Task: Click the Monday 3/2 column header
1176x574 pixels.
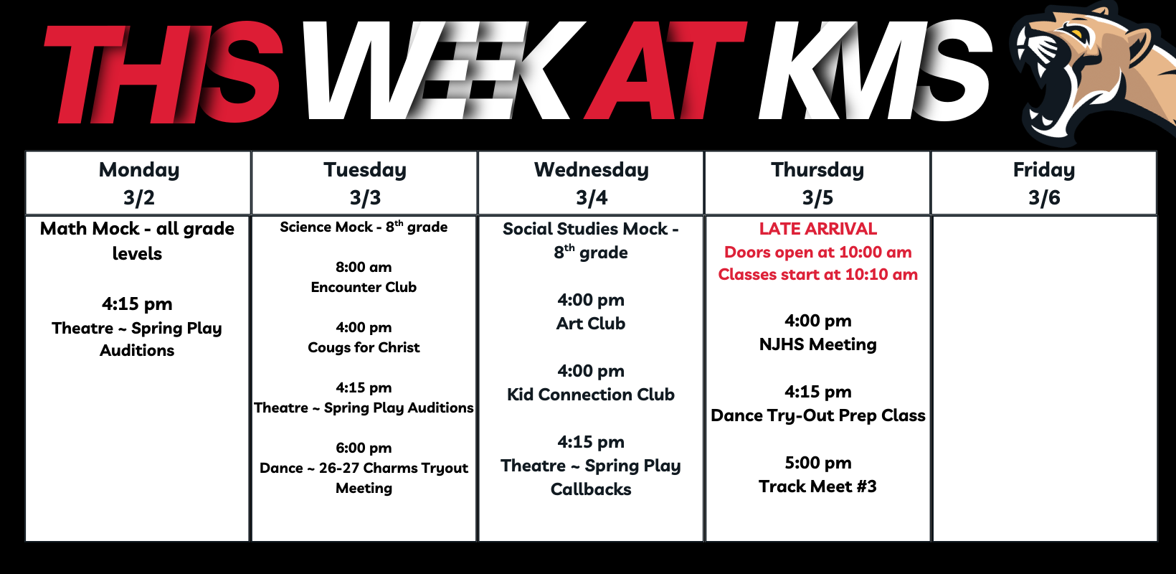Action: (138, 183)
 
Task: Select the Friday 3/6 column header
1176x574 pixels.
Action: (1044, 183)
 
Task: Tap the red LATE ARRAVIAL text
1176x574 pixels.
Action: (817, 229)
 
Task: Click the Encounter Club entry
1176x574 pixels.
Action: (364, 287)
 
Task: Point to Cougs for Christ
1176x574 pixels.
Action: (364, 348)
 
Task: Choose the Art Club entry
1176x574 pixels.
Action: (591, 324)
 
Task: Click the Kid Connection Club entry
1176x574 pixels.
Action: (591, 395)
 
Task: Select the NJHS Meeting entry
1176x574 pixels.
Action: (817, 344)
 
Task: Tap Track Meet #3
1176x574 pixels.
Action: (817, 486)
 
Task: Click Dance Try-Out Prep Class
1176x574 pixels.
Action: (817, 415)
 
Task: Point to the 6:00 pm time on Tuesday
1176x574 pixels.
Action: (364, 448)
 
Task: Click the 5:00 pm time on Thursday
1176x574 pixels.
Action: (817, 463)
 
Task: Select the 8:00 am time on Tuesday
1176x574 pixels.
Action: (364, 268)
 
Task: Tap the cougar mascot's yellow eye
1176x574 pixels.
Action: (1076, 34)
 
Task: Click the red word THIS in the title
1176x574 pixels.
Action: (163, 72)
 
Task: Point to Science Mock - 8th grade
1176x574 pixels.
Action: (364, 227)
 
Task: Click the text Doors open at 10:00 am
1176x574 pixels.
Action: (817, 252)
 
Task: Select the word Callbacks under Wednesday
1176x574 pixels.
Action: (591, 489)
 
